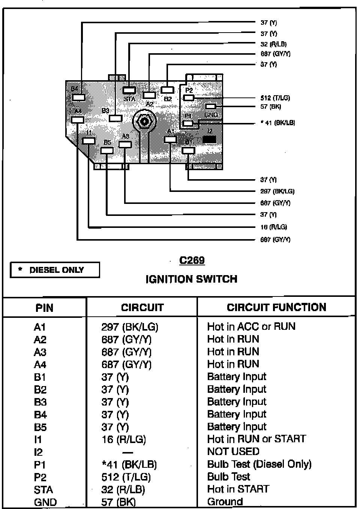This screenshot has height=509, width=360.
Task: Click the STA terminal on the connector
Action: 129,90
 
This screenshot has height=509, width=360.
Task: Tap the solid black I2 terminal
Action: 209,139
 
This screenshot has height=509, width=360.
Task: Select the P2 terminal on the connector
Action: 189,98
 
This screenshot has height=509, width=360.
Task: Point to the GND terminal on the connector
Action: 211,107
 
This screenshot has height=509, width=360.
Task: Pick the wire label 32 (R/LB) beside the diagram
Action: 273,44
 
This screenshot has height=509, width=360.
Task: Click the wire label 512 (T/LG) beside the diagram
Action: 275,98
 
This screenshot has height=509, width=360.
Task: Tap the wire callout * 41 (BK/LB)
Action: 277,123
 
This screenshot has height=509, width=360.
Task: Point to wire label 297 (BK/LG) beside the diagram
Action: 277,191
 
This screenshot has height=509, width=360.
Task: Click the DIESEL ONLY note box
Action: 55,270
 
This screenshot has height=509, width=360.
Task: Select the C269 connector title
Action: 192,260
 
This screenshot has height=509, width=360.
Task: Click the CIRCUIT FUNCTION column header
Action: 276,307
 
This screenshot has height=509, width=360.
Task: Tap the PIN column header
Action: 44,308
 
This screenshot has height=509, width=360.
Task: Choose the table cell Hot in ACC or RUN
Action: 251,326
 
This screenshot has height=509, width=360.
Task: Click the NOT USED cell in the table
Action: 233,451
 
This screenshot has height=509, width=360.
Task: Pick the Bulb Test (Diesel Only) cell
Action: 259,464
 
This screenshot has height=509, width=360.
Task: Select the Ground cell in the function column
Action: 225,502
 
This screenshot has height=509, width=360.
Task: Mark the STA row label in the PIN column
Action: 43,490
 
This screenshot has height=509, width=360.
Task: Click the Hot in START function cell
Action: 238,489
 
